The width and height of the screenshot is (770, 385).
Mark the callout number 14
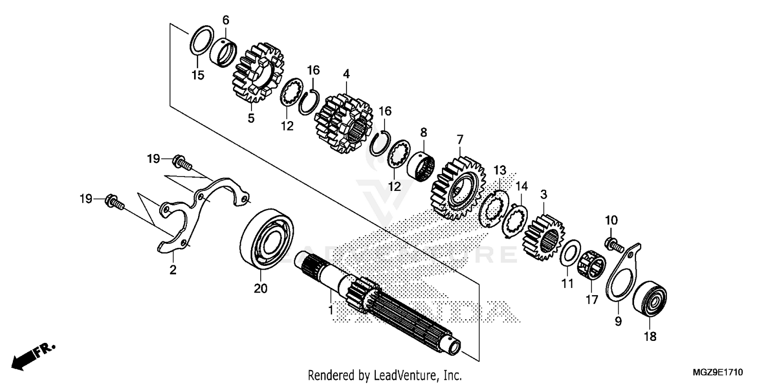522,186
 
